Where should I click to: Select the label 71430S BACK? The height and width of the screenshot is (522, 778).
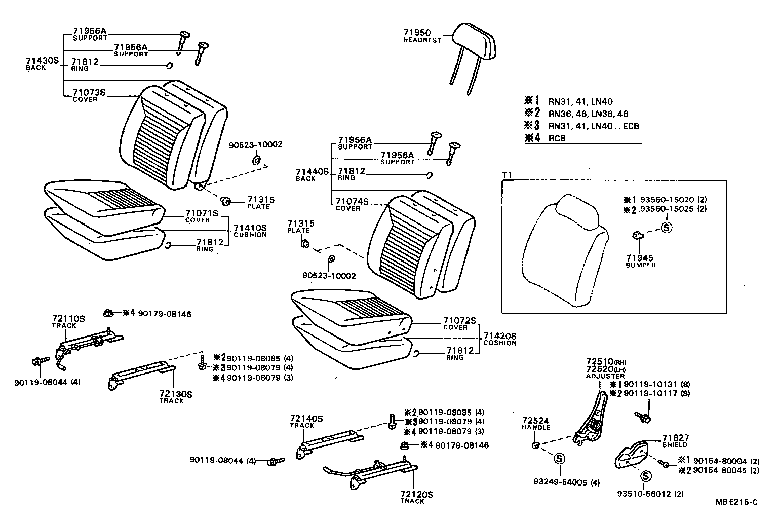[43, 63]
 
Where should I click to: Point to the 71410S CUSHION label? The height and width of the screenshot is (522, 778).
[250, 231]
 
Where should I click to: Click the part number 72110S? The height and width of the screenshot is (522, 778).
[68, 319]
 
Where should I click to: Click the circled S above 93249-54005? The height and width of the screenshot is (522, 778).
[559, 459]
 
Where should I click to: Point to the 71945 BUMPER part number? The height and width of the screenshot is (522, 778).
[640, 258]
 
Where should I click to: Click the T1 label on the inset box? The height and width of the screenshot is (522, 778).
[507, 175]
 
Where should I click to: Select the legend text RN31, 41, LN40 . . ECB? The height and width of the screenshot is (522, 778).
[593, 126]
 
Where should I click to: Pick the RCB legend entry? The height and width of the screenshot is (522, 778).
[557, 138]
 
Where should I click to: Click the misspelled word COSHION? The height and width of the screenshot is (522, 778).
[499, 343]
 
